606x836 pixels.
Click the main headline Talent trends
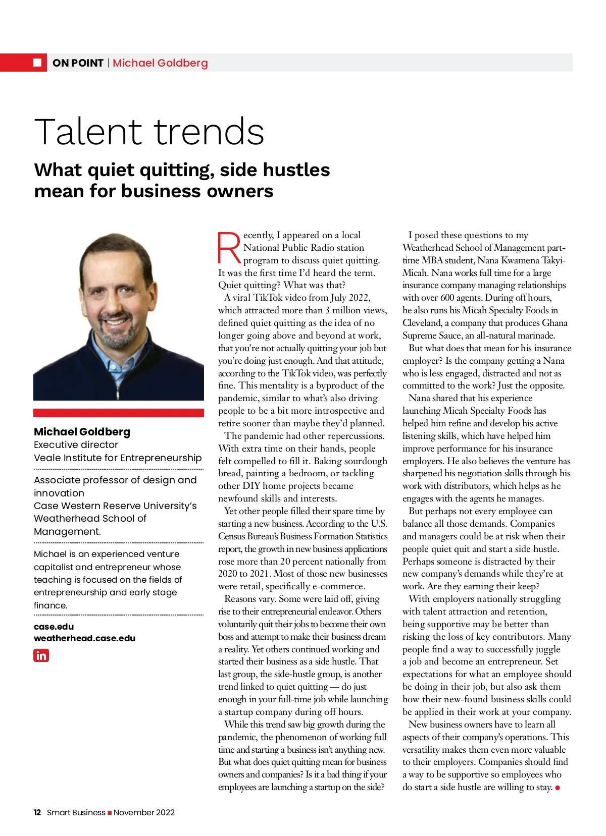pyautogui.click(x=149, y=132)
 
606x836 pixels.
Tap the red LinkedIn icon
pyautogui.click(x=41, y=655)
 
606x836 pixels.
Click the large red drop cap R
pyautogui.click(x=229, y=248)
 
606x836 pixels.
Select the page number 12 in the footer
pyautogui.click(x=37, y=812)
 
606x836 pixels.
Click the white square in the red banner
pyautogui.click(x=37, y=63)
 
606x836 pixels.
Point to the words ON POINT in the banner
pyautogui.click(x=78, y=63)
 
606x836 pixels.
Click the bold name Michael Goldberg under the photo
pyautogui.click(x=82, y=432)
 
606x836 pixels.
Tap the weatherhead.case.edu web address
pyautogui.click(x=84, y=638)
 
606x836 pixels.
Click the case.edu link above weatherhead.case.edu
pyautogui.click(x=54, y=627)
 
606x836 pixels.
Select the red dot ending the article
pyautogui.click(x=558, y=788)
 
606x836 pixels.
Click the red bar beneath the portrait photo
pyautogui.click(x=119, y=413)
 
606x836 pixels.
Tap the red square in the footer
pyautogui.click(x=110, y=813)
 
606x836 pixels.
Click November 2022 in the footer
pyautogui.click(x=144, y=812)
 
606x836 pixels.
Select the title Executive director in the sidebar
pyautogui.click(x=76, y=445)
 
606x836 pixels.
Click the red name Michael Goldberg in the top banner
pyautogui.click(x=160, y=63)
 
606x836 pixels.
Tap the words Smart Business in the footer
pyautogui.click(x=76, y=812)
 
